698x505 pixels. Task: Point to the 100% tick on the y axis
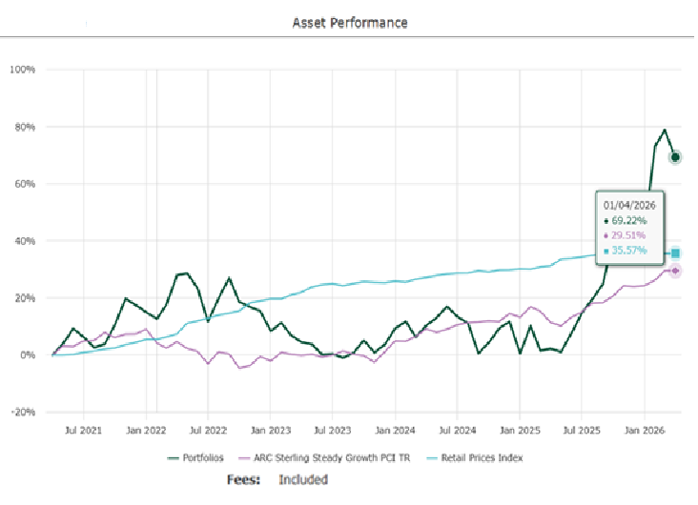point(22,70)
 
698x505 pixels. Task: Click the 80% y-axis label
point(24,127)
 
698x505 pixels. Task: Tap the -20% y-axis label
point(22,413)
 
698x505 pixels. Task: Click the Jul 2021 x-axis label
point(84,431)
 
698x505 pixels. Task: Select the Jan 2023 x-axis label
point(272,431)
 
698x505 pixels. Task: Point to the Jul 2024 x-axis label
point(459,431)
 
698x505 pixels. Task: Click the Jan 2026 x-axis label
point(646,431)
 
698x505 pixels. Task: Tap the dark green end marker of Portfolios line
point(675,157)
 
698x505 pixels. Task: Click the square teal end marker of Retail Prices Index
point(675,253)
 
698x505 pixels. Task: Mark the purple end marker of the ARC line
point(675,271)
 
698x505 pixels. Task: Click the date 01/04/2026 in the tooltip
point(628,204)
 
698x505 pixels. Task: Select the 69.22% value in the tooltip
point(628,219)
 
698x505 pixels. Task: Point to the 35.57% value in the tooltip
point(628,251)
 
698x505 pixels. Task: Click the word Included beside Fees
point(302,480)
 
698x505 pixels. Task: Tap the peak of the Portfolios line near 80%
point(665,131)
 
